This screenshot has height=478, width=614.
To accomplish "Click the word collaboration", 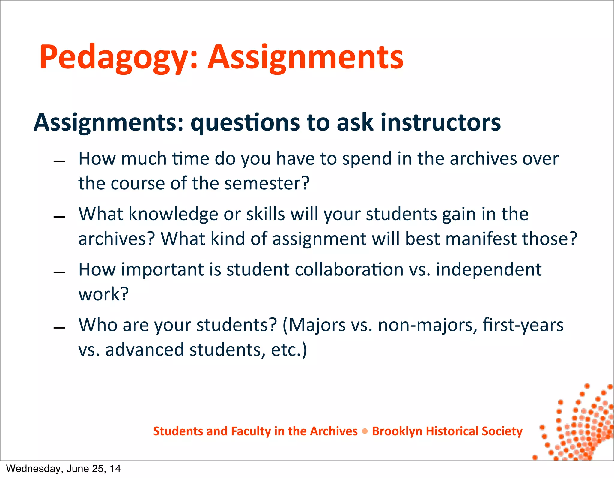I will [349, 269].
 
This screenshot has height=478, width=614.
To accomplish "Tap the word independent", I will [488, 269].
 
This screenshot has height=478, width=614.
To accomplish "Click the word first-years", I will [523, 325].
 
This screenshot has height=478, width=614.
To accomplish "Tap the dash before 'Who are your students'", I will [59, 328].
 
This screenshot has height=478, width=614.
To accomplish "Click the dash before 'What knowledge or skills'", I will [59, 217].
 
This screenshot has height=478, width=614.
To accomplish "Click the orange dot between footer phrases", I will [365, 431].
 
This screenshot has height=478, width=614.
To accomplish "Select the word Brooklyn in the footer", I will [397, 431].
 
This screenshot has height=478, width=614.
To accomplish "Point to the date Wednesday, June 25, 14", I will [63, 469].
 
